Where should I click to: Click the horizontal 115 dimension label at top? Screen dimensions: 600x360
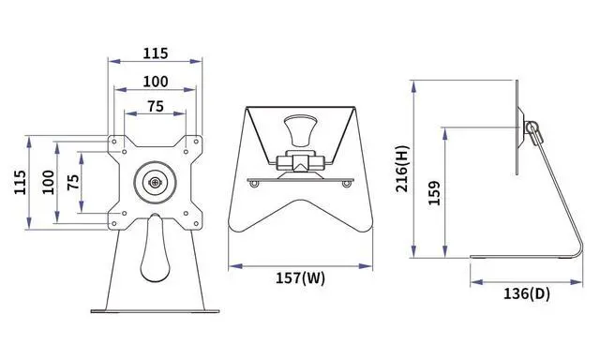click(156, 53)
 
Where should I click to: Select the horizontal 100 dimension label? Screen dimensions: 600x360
click(156, 82)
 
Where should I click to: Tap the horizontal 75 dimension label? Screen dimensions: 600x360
click(156, 106)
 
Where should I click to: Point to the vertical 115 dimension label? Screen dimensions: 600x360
click(21, 182)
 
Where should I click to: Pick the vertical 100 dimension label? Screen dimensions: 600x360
click(48, 182)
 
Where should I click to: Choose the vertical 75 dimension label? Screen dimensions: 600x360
click(73, 182)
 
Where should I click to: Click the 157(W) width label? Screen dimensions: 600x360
click(300, 278)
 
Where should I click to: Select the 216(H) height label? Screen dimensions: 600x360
click(403, 169)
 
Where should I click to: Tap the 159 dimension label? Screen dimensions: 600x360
click(434, 193)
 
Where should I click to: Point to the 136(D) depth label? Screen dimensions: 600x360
click(527, 293)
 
